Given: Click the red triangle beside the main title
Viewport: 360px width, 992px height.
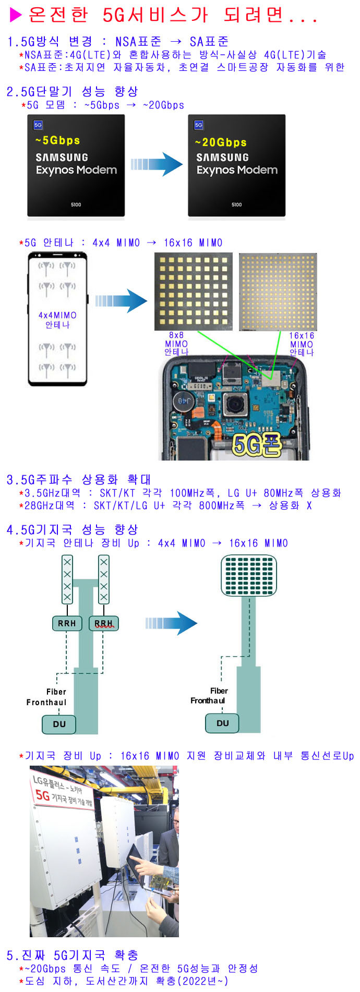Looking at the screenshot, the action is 16,15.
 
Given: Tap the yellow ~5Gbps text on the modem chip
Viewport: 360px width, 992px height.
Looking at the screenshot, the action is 57,140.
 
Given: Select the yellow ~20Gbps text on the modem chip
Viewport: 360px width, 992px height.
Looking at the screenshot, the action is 221,142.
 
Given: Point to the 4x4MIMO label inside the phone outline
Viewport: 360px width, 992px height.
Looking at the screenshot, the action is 57,315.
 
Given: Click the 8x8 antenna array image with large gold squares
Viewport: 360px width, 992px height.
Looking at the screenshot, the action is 194,292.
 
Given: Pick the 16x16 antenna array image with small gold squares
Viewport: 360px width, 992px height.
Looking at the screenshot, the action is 278,292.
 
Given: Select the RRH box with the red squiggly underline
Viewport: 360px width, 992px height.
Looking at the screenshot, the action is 104,623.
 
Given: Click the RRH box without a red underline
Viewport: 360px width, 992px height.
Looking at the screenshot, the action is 67,623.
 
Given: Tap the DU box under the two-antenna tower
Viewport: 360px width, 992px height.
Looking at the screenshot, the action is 59,724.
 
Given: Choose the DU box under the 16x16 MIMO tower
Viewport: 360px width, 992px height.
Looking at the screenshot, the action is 223,723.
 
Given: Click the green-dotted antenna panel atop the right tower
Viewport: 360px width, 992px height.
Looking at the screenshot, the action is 249,575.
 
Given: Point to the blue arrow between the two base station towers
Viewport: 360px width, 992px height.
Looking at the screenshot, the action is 171,623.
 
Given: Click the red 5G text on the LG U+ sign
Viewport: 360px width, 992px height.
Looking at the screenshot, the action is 43,795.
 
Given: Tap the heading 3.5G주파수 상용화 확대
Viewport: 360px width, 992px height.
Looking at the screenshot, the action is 79,479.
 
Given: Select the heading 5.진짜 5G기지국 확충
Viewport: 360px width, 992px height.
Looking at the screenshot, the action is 73,955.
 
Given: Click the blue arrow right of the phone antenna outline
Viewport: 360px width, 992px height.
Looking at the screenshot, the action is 121,301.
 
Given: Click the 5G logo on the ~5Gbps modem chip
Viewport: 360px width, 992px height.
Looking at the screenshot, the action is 38,125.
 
